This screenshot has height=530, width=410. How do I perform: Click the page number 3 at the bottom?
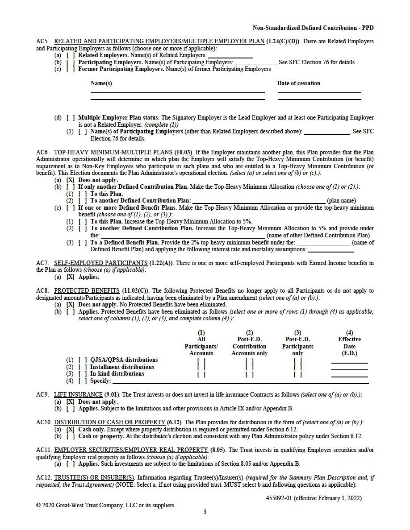pos(205,512)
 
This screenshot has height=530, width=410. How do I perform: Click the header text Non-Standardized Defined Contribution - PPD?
pos(313,28)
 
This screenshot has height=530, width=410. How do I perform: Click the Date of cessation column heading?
pos(298,83)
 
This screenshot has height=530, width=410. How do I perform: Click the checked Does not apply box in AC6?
pos(71,180)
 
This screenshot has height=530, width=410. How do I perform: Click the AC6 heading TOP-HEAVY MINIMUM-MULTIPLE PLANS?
pos(113,153)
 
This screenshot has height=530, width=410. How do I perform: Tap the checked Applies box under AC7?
pos(71,277)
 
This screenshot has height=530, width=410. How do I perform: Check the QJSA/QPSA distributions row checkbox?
pos(83,360)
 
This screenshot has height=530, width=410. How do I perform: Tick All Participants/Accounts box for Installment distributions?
pos(201,367)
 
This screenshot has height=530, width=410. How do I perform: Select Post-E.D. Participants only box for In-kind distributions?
pos(298,374)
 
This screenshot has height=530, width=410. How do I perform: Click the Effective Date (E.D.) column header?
pos(349,343)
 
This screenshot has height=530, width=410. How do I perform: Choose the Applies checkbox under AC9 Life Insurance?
pos(71,409)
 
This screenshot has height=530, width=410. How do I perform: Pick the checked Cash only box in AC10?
pos(71,429)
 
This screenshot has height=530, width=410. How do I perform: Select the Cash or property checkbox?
pos(71,436)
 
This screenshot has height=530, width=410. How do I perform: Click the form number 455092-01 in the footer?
pos(277,498)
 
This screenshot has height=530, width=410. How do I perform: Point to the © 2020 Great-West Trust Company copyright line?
pos(105,505)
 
